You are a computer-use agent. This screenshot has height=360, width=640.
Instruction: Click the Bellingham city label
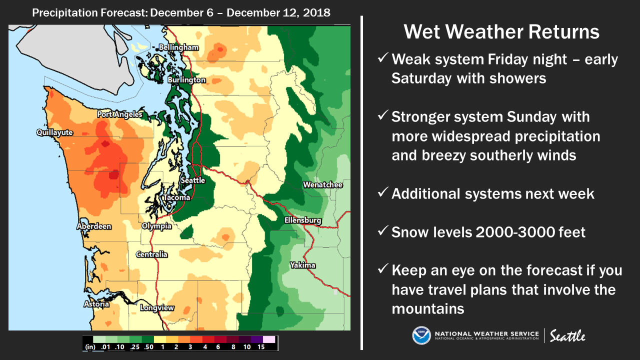178,47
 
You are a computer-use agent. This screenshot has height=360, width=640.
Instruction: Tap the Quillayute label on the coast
54,132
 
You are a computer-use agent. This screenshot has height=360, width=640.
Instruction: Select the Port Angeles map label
119,114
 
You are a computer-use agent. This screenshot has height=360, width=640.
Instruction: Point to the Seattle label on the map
193,180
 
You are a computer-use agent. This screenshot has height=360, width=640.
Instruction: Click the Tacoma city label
176,197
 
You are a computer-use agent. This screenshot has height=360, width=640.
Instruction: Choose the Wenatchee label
323,185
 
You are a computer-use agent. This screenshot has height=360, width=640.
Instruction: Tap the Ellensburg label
303,220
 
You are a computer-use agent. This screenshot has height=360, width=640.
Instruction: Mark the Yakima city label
303,265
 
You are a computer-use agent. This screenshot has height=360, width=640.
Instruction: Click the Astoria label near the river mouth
96,304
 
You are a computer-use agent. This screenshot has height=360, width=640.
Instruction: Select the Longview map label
157,307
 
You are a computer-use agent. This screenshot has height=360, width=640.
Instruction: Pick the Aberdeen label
94,226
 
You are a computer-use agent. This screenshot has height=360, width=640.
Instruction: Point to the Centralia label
151,254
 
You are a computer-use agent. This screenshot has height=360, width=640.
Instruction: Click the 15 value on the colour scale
261,347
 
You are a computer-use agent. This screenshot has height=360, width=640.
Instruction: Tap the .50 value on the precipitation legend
148,347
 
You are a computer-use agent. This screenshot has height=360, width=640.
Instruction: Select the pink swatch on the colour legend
269,339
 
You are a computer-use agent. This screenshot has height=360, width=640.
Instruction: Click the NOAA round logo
421,335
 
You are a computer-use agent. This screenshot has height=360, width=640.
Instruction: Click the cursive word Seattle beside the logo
567,335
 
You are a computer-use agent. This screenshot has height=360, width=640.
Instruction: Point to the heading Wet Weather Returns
501,31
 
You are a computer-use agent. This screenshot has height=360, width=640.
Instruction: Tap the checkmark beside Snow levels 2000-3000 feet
383,230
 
